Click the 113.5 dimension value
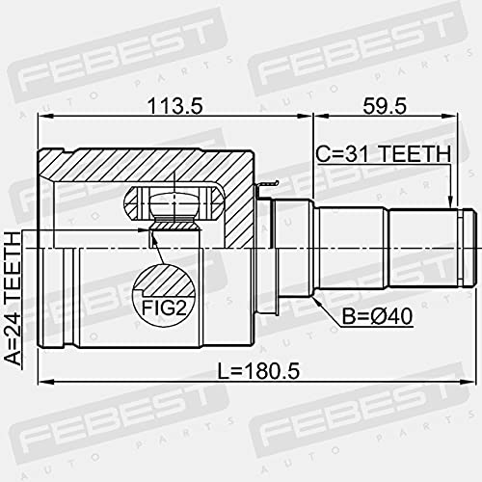coord(175,107)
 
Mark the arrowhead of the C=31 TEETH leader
coord(452,203)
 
